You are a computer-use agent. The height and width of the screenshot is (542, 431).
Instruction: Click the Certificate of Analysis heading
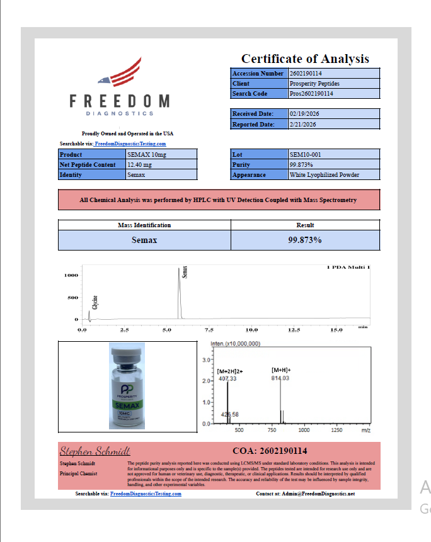(x=305, y=59)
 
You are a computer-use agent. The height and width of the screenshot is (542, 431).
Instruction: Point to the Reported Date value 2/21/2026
(x=302, y=125)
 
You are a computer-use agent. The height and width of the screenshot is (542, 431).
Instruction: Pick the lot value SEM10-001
(x=305, y=154)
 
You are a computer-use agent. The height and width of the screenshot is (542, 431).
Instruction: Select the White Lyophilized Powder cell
(x=324, y=174)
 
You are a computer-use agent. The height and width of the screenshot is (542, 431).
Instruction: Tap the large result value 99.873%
(x=305, y=240)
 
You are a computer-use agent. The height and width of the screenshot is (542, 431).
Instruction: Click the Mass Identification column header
(x=144, y=225)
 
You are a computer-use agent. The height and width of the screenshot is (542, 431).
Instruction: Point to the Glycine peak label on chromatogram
(x=95, y=302)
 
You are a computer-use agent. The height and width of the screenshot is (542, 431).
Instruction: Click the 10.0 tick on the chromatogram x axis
(x=251, y=330)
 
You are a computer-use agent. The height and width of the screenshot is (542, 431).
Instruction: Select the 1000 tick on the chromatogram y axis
(x=71, y=275)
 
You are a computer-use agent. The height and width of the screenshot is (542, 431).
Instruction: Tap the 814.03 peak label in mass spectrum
(x=280, y=378)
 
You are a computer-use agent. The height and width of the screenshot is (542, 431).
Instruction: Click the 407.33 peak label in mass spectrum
(x=227, y=378)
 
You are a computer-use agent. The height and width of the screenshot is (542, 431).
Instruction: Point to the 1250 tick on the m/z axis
(x=336, y=430)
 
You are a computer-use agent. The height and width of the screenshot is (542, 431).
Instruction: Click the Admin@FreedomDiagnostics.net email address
(x=319, y=494)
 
